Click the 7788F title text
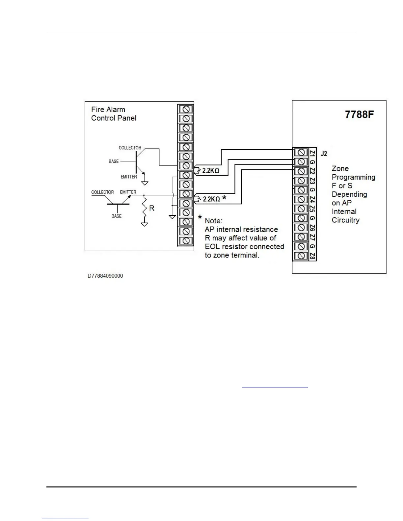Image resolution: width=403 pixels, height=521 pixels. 359,114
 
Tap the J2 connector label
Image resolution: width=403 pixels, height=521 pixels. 324,154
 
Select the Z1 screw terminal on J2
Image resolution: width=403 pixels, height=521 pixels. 301,152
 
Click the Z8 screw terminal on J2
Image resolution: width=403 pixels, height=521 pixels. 301,256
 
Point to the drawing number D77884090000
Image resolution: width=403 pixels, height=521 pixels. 105,276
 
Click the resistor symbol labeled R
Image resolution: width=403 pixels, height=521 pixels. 144,208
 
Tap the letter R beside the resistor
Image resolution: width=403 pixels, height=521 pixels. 151,208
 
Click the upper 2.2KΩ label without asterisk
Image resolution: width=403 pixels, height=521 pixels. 211,171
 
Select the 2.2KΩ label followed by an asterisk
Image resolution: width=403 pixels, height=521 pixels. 211,199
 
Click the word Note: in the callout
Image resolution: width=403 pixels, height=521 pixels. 214,221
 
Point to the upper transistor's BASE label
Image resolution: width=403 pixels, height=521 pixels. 114,161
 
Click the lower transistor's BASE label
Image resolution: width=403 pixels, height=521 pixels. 117,216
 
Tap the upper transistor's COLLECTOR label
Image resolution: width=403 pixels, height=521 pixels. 130,148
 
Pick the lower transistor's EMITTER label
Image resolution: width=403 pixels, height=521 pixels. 128,192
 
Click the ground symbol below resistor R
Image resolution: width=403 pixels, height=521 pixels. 144,224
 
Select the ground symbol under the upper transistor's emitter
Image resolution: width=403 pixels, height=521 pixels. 145,183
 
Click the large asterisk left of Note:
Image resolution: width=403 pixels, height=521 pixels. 200,218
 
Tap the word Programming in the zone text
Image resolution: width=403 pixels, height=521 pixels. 353,177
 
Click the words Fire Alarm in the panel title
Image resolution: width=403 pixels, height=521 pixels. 108,110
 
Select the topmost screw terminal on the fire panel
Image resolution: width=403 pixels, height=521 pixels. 185,109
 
